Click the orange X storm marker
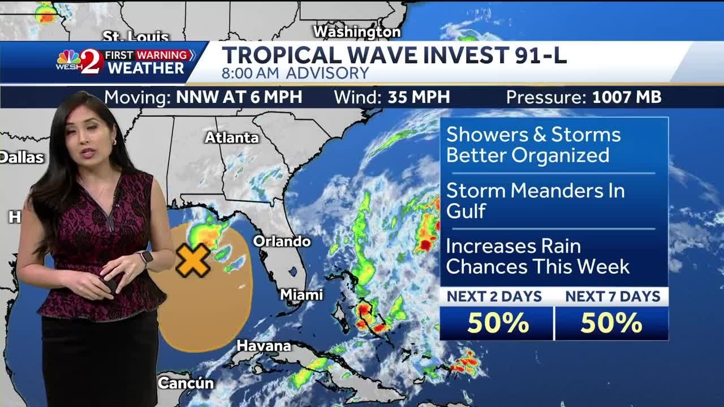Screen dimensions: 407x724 click(192, 260)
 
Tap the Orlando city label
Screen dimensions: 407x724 click(282, 241)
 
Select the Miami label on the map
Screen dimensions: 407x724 click(301, 295)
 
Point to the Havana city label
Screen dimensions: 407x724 click(264, 345)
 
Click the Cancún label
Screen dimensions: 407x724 click(186, 383)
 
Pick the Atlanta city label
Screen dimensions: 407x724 click(231, 137)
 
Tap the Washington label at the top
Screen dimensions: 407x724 click(357, 32)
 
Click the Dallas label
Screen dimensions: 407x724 click(21, 157)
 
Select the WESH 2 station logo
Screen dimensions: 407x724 click(80, 62)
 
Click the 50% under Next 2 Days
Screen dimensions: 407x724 click(498, 323)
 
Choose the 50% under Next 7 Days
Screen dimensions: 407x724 click(611, 323)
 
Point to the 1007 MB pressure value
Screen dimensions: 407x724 click(627, 97)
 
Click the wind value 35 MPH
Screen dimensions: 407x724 click(419, 97)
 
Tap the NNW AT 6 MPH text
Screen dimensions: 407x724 click(239, 97)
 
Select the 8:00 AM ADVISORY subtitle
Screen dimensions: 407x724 click(295, 73)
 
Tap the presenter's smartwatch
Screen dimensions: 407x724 click(146, 258)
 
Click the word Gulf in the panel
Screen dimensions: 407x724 click(466, 211)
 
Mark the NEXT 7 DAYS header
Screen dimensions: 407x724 click(613, 296)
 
